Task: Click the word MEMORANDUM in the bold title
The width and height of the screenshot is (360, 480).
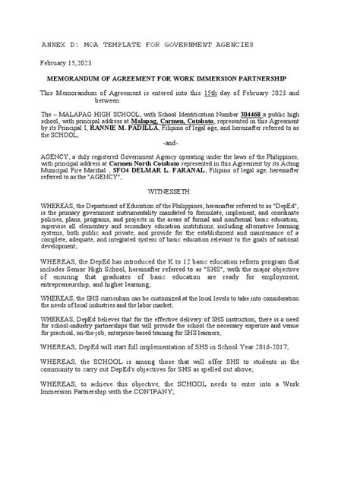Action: point(87,79)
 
